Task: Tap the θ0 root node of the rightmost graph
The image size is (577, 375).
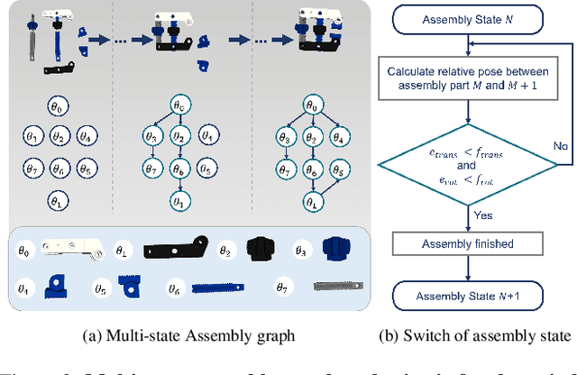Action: (312, 106)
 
